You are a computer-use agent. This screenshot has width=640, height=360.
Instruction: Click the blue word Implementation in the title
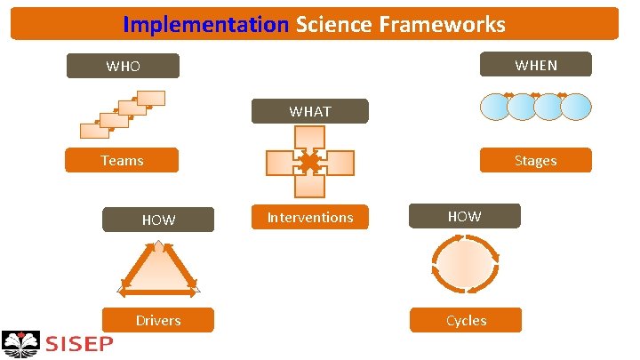[206, 24]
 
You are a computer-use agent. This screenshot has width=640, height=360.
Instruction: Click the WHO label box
[124, 66]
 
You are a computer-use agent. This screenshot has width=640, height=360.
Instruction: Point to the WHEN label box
[535, 65]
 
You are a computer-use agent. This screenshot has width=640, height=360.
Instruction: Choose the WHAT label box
[309, 111]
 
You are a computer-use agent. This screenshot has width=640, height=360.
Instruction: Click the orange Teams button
[123, 161]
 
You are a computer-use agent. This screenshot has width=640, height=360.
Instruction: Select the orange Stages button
[535, 161]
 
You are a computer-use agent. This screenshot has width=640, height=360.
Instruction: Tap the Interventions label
[310, 218]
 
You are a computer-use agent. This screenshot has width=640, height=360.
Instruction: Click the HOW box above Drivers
[158, 220]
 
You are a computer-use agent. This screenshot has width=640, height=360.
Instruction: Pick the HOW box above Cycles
[465, 216]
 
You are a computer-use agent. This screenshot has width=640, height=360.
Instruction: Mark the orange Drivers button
[158, 320]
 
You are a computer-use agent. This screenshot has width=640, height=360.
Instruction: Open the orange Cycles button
[465, 320]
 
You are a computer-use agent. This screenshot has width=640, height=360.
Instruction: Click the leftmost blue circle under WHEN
[495, 107]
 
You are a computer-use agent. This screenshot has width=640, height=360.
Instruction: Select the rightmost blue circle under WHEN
[576, 107]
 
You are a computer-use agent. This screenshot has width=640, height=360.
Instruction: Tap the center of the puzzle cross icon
[309, 163]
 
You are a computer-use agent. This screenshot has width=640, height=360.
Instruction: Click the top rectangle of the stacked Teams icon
[151, 99]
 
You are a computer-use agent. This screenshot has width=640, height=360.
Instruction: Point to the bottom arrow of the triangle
[158, 289]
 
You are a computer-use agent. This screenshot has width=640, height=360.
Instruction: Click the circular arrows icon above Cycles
[465, 266]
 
